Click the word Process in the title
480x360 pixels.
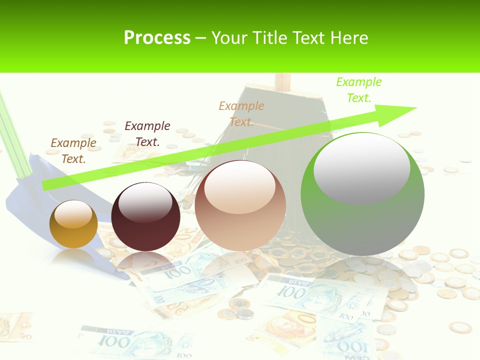[157, 38]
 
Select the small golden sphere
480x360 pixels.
[73, 224]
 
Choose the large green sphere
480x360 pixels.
[362, 194]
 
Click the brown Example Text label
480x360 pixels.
[73, 150]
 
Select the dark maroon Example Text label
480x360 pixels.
[147, 133]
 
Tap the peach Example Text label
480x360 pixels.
[241, 113]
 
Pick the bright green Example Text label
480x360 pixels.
[359, 89]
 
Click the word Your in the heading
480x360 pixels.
[231, 38]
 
